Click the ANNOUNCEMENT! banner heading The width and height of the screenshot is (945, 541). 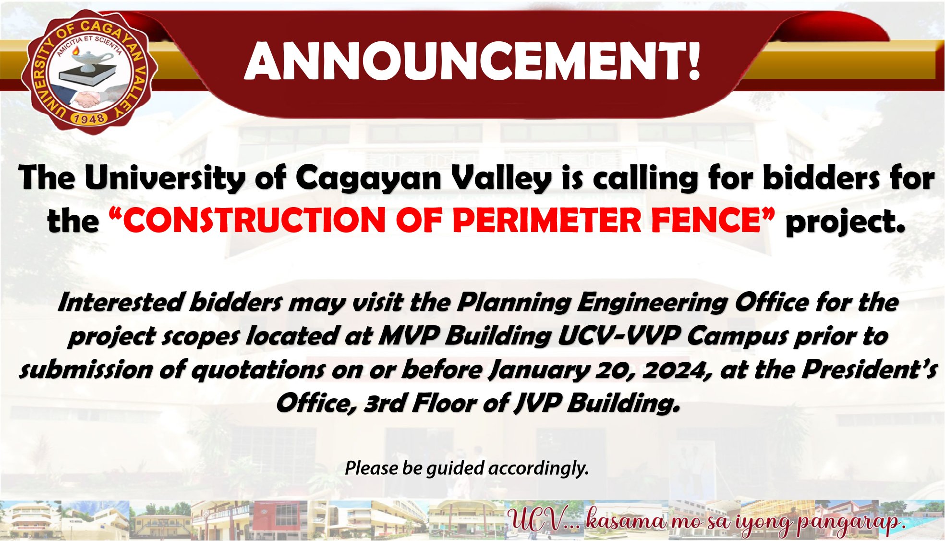click(x=473, y=61)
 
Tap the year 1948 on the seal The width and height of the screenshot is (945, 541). click(x=88, y=118)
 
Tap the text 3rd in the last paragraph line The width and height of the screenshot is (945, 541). click(x=384, y=404)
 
